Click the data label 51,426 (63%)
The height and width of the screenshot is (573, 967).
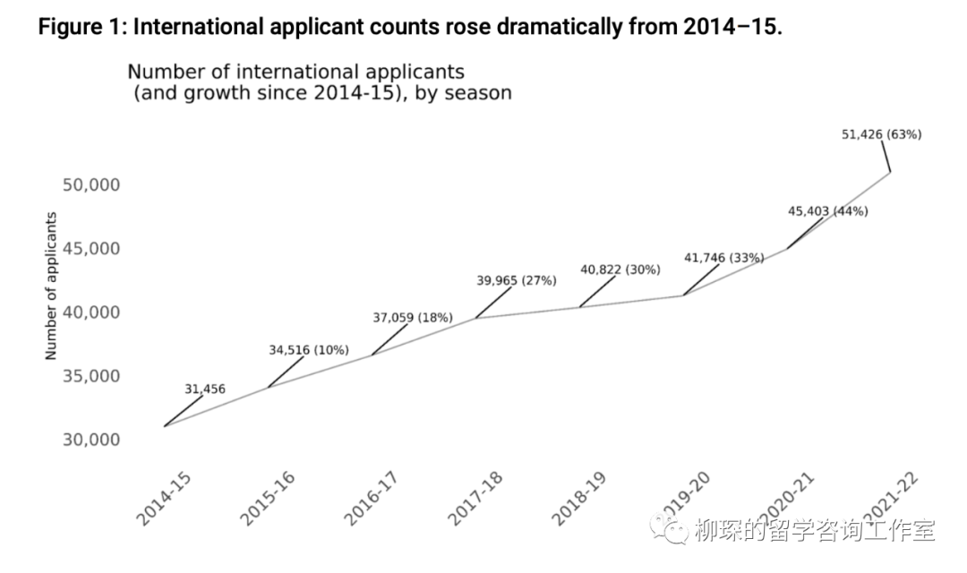coord(881,135)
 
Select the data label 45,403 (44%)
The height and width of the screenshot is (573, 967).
coord(827,211)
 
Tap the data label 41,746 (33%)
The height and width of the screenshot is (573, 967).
coord(723,258)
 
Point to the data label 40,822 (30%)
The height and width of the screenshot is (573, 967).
coord(620,269)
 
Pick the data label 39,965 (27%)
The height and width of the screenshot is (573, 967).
coord(516,281)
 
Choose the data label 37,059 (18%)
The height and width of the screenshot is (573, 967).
coord(412,318)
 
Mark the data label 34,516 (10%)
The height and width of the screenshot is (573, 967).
coord(309,350)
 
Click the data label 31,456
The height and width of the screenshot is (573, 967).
coord(205,389)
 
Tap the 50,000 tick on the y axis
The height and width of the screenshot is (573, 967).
coord(90,185)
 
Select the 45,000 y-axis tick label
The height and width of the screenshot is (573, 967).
coord(90,249)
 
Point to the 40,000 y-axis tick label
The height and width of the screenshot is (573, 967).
coord(90,312)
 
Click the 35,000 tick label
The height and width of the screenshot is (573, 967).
coord(90,376)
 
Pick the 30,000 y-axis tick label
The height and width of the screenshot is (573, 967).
coord(90,440)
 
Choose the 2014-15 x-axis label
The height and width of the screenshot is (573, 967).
coord(164,499)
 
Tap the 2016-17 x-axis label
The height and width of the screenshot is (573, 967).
coord(372,499)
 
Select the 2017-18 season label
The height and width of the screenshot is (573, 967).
coord(475,499)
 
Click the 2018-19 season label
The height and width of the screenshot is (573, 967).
coord(579,499)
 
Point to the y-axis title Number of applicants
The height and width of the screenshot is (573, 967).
coord(51,286)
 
